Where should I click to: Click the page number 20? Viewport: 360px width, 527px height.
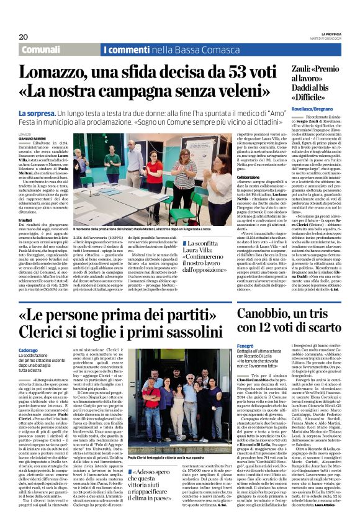coord(24,37)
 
